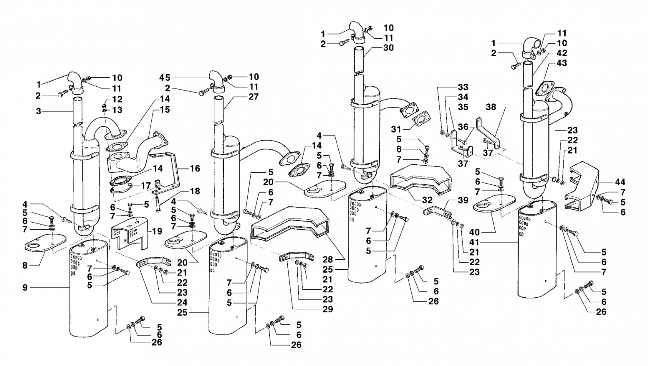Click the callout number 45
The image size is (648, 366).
164,77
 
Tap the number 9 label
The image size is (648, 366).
25,287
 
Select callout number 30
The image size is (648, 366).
388,47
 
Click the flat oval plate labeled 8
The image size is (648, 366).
45,243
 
